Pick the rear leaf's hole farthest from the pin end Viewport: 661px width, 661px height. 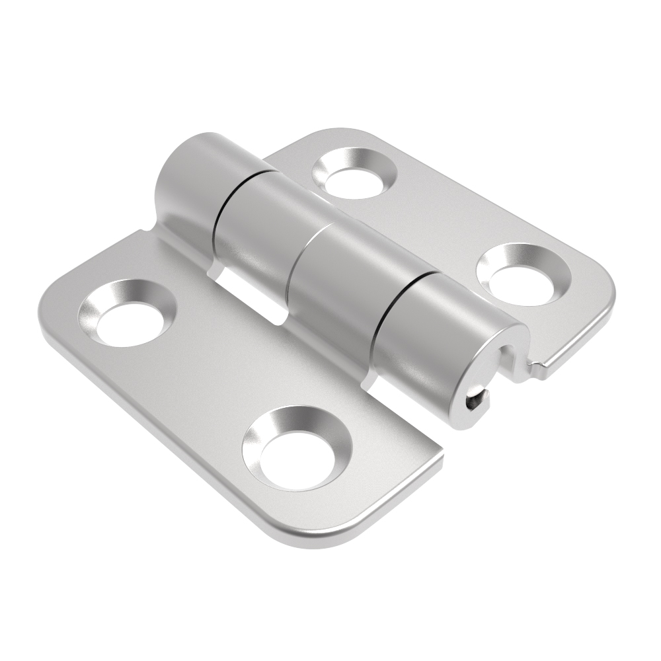[x=355, y=173]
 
